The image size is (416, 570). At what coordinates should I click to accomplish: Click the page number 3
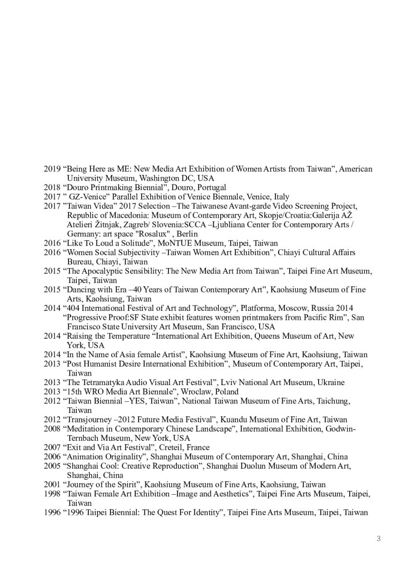(378, 538)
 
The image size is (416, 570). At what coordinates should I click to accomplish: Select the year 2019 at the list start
(53, 169)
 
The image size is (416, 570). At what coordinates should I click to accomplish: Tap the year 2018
(53, 188)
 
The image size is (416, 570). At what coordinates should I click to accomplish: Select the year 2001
(53, 485)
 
